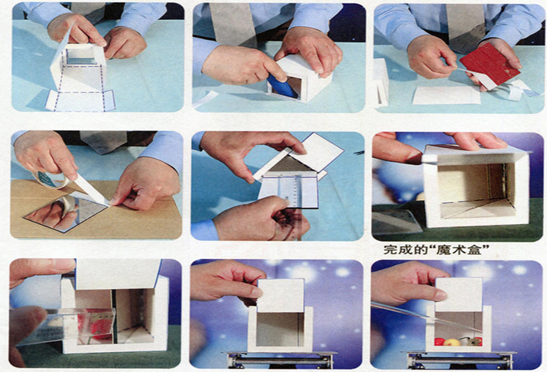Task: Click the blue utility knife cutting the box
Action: pos(282,86)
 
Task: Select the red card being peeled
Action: pos(490,65)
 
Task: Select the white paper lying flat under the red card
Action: pos(447,95)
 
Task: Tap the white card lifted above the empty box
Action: pos(281,295)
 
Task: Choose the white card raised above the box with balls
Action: pos(459,295)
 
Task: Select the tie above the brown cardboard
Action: pos(103,142)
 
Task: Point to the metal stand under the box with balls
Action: pos(459,360)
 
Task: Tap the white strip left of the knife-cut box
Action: pos(206,98)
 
